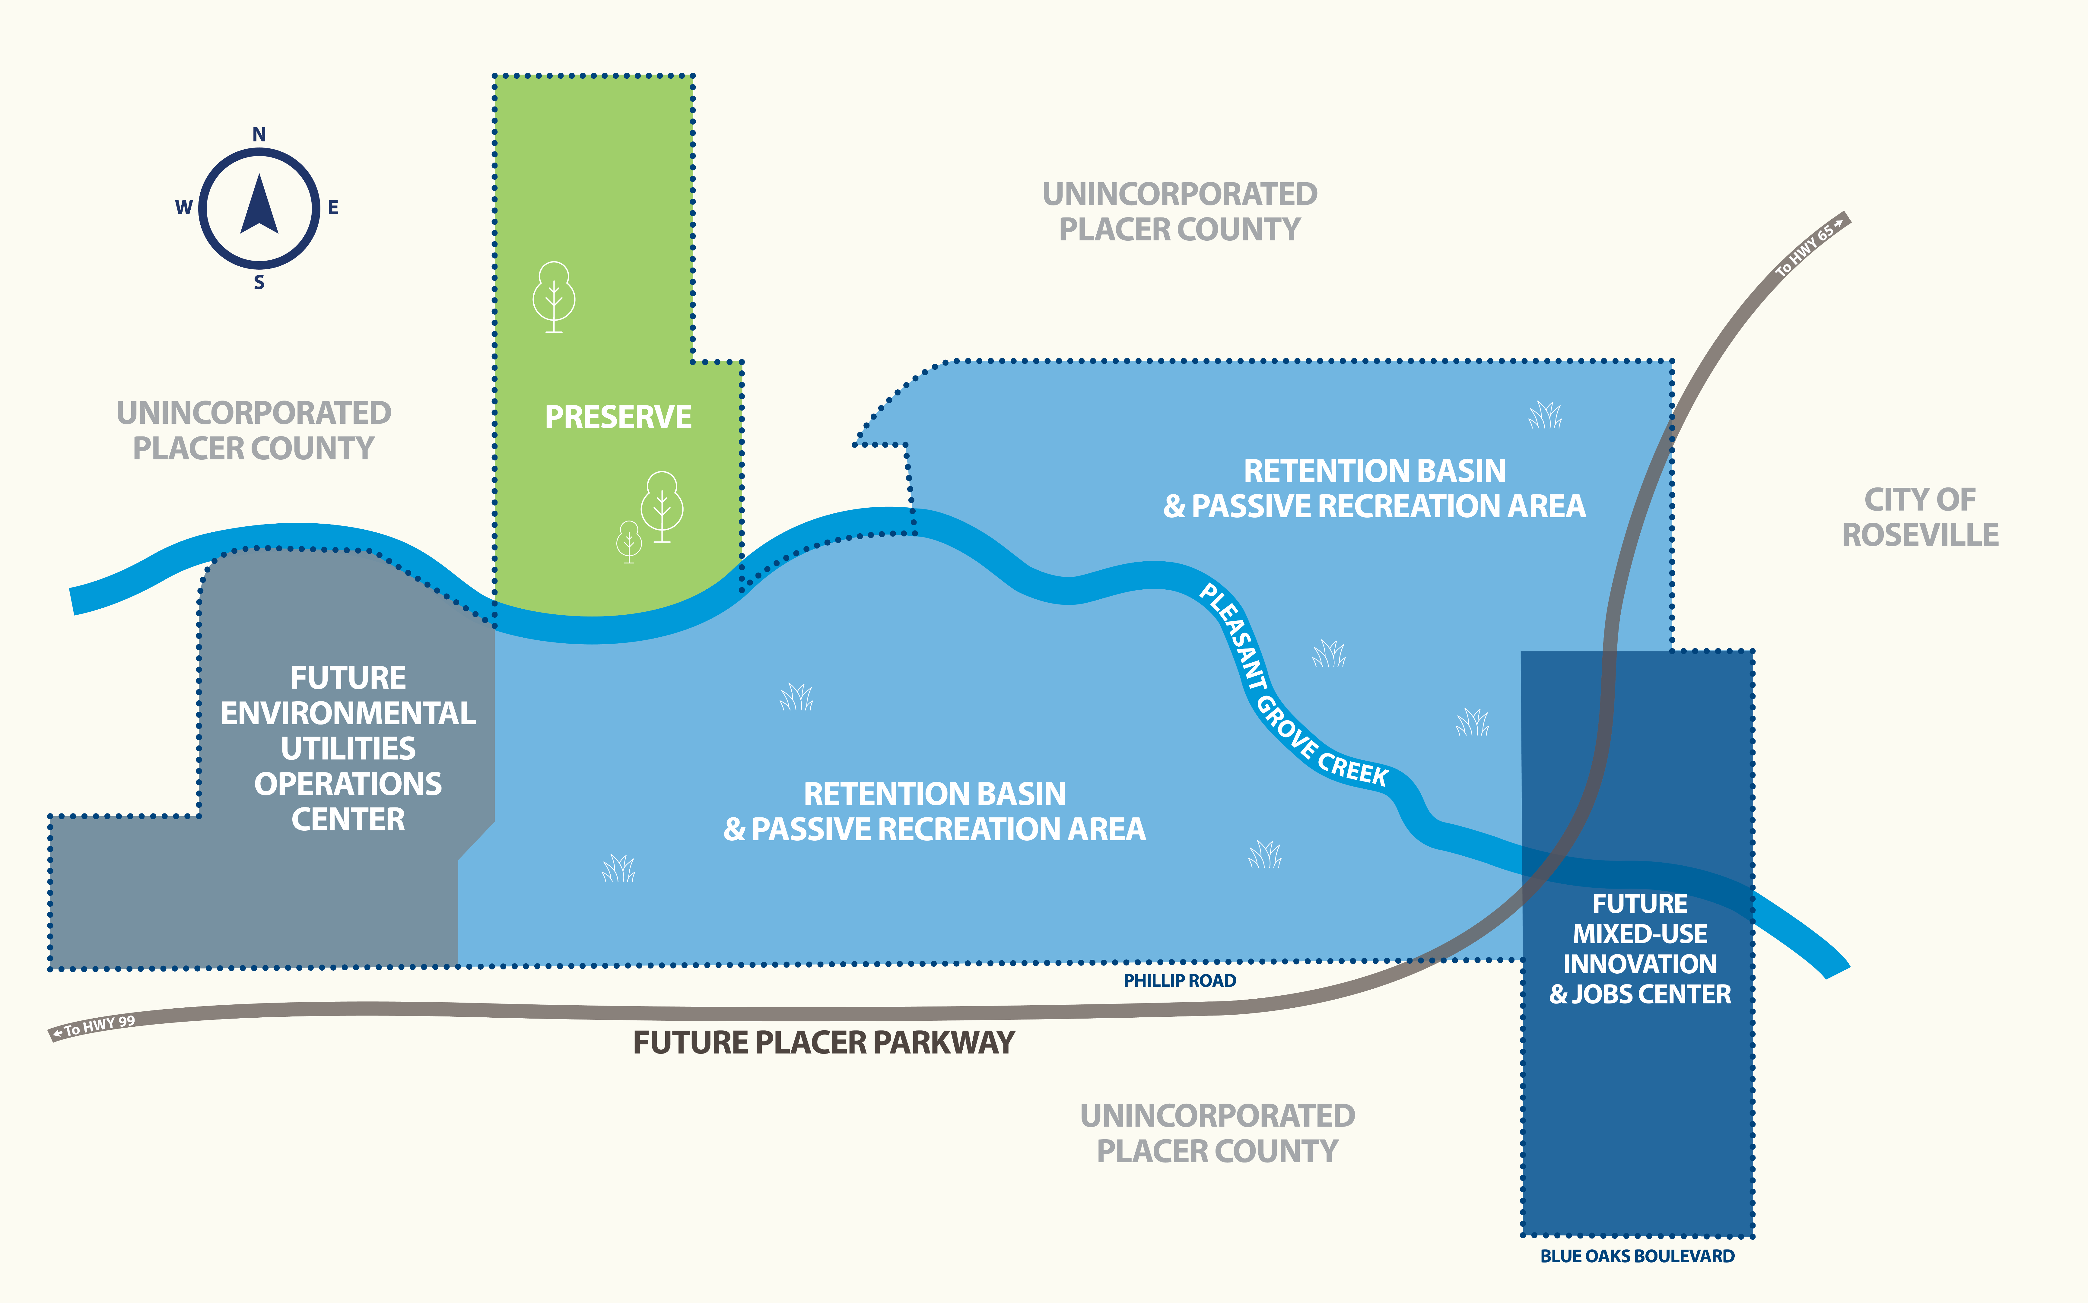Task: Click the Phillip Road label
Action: pos(1179,981)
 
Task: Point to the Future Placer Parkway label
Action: pos(824,1043)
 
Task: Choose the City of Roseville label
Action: pos(1920,517)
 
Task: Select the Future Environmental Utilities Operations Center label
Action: pos(348,748)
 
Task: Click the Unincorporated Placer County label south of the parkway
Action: pos(1217,1133)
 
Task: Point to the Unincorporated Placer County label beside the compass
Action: pos(253,430)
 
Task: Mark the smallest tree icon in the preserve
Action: pos(629,541)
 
